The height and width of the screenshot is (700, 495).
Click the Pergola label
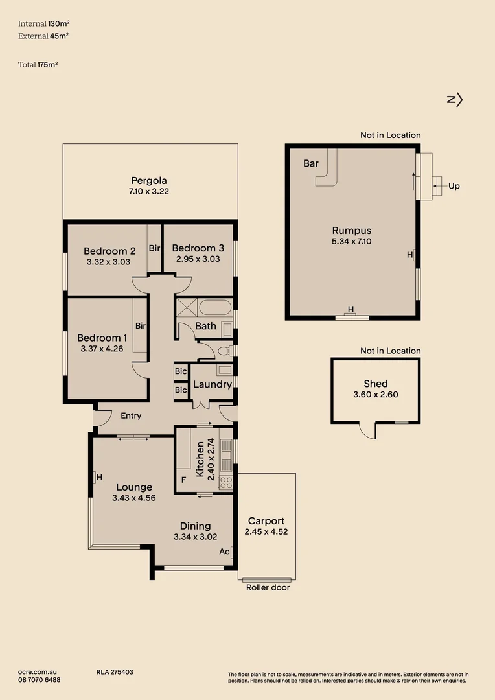coord(150,181)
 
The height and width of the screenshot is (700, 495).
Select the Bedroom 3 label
coord(198,248)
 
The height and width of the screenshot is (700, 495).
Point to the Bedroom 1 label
coord(102,338)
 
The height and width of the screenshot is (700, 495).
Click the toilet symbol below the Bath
coord(224,351)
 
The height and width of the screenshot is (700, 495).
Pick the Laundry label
coord(212,384)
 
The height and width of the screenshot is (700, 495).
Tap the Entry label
coord(131,415)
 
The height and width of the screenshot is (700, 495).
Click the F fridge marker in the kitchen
coord(183,481)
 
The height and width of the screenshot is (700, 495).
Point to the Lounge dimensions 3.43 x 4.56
coord(133,498)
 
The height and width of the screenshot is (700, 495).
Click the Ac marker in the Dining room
coord(224,552)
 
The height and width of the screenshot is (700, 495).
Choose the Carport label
coord(266,521)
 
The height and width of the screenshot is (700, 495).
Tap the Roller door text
coord(268,587)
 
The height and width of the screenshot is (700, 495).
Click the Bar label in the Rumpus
coord(311,163)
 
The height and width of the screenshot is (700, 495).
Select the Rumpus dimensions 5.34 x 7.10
coord(352,241)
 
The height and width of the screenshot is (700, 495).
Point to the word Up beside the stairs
coord(454,186)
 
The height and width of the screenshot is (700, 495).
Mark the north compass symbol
coord(455,99)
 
